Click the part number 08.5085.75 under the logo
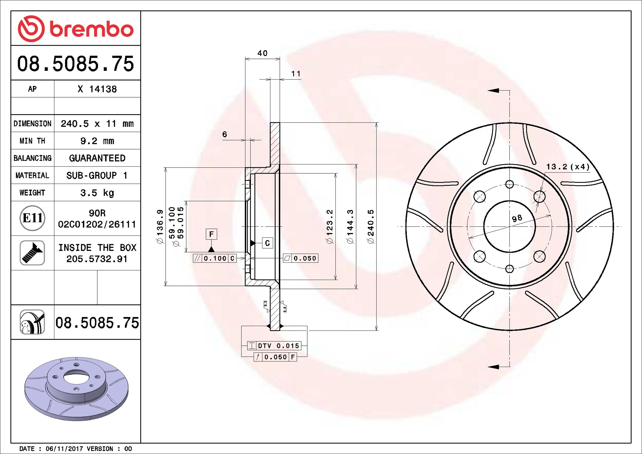75,64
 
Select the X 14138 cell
97,89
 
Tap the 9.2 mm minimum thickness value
97,141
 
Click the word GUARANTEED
97,158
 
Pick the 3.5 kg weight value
97,193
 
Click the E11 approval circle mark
32,218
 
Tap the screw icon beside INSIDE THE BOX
32,253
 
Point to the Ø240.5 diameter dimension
370,226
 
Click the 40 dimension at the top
262,53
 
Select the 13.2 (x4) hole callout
568,167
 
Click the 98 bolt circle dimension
517,218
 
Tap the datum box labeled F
211,234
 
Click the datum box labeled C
267,243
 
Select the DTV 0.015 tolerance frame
274,346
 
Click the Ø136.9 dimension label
160,226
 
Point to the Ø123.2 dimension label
330,226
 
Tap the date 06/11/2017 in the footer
64,449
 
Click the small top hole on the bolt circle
509,184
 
